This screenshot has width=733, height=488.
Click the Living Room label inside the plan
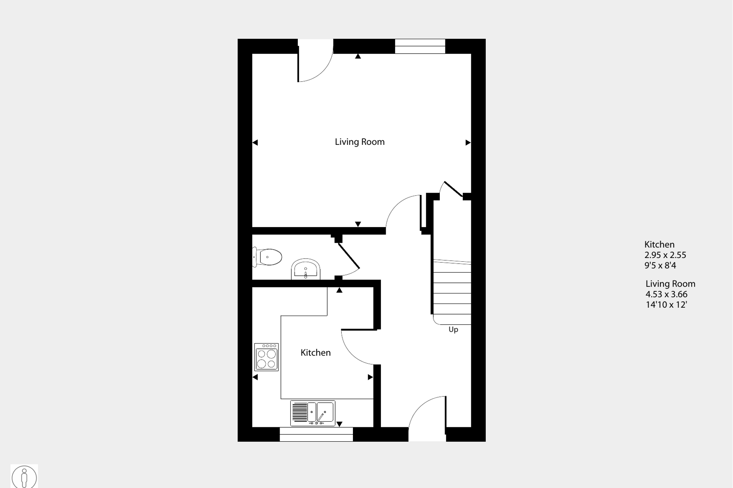(359, 142)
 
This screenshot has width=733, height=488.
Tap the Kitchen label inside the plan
(315, 353)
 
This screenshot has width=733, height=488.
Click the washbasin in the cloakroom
(305, 269)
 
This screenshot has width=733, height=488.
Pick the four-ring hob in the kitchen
(266, 357)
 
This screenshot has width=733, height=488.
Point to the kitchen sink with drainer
(313, 413)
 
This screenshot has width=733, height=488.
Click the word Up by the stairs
(453, 330)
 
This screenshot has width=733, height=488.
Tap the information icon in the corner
(24, 477)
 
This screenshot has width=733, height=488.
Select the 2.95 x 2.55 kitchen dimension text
(665, 255)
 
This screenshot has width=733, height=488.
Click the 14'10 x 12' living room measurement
(666, 305)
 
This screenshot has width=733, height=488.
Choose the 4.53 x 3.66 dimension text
(666, 294)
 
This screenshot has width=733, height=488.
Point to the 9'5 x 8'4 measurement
(660, 265)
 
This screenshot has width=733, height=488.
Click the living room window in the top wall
(420, 46)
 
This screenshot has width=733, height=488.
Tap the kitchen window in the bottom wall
(316, 434)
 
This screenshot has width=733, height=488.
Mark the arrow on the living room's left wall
(255, 143)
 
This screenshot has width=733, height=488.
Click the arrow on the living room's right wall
(468, 143)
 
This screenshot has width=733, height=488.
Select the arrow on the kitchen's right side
(370, 377)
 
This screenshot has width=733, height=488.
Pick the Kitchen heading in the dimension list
(659, 244)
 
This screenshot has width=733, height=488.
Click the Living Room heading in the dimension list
(670, 284)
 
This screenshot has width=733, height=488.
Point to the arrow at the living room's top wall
(358, 57)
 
